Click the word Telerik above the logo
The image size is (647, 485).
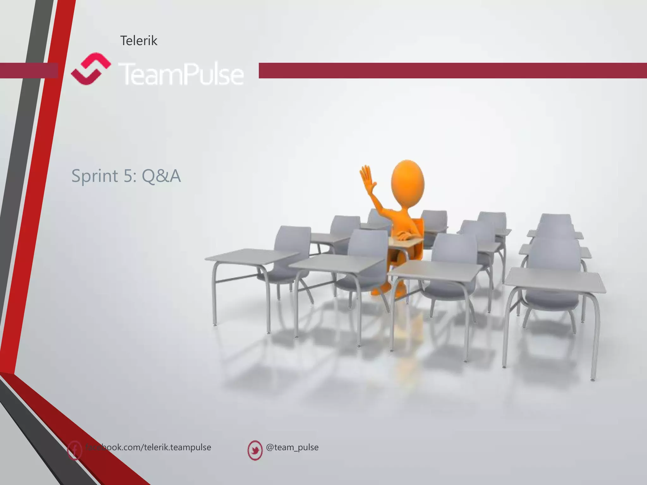tap(138, 41)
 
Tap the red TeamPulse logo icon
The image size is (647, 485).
tap(90, 69)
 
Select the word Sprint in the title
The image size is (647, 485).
tap(95, 176)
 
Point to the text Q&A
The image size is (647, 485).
tap(161, 176)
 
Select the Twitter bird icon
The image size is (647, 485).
tap(255, 450)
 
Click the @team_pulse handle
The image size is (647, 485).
tap(292, 447)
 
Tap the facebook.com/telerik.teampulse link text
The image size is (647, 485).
tap(148, 447)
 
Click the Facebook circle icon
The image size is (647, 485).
tap(75, 450)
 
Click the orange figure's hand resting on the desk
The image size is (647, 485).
tap(404, 236)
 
